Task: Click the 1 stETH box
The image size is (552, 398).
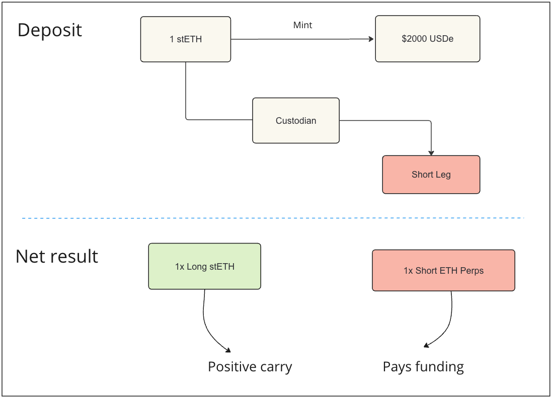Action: point(185,39)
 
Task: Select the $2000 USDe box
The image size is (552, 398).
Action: point(427,39)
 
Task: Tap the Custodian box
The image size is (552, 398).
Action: point(295,121)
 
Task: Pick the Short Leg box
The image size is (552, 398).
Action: point(431,175)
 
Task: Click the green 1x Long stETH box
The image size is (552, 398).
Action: point(204,267)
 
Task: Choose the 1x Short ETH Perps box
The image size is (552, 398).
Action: point(443,271)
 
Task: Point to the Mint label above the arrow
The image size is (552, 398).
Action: point(302,25)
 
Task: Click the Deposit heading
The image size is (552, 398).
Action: point(49,30)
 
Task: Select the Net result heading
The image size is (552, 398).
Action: point(57,257)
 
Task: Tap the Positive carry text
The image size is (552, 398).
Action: point(250,367)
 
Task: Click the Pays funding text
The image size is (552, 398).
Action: point(423,367)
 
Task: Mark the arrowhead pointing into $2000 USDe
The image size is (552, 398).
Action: point(371,39)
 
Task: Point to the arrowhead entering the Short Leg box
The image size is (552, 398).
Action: point(431,152)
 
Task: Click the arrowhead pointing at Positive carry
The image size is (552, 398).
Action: point(228,350)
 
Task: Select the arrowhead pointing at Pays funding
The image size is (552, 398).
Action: point(426,345)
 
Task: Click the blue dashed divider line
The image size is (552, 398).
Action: point(272,218)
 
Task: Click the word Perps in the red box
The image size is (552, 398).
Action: point(471,271)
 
